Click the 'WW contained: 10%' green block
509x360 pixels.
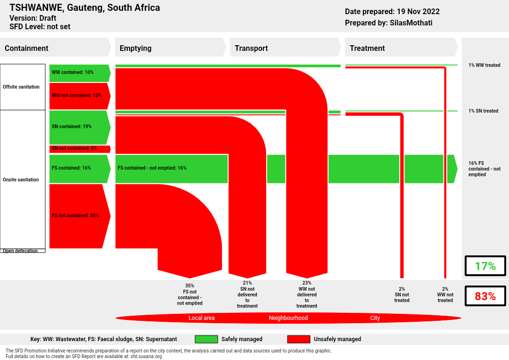click(x=80, y=73)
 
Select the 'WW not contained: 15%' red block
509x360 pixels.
click(x=80, y=96)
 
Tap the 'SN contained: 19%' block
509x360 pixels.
click(x=80, y=127)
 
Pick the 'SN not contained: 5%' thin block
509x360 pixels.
click(x=80, y=149)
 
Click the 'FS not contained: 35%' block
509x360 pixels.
click(x=80, y=216)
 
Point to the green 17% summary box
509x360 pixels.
click(x=485, y=266)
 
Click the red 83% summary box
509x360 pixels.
click(x=485, y=296)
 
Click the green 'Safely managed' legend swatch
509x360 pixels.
click(x=206, y=339)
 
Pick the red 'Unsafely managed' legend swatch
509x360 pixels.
click(x=299, y=339)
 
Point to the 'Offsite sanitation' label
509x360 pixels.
click(x=21, y=87)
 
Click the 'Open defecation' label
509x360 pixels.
click(x=20, y=251)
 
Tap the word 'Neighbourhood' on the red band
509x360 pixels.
click(x=288, y=318)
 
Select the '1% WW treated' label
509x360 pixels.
click(x=484, y=65)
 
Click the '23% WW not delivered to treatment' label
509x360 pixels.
click(x=307, y=295)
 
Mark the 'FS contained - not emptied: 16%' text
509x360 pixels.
click(x=152, y=168)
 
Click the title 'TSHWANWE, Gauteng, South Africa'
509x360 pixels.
click(x=85, y=8)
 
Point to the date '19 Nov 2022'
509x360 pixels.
click(x=418, y=11)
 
